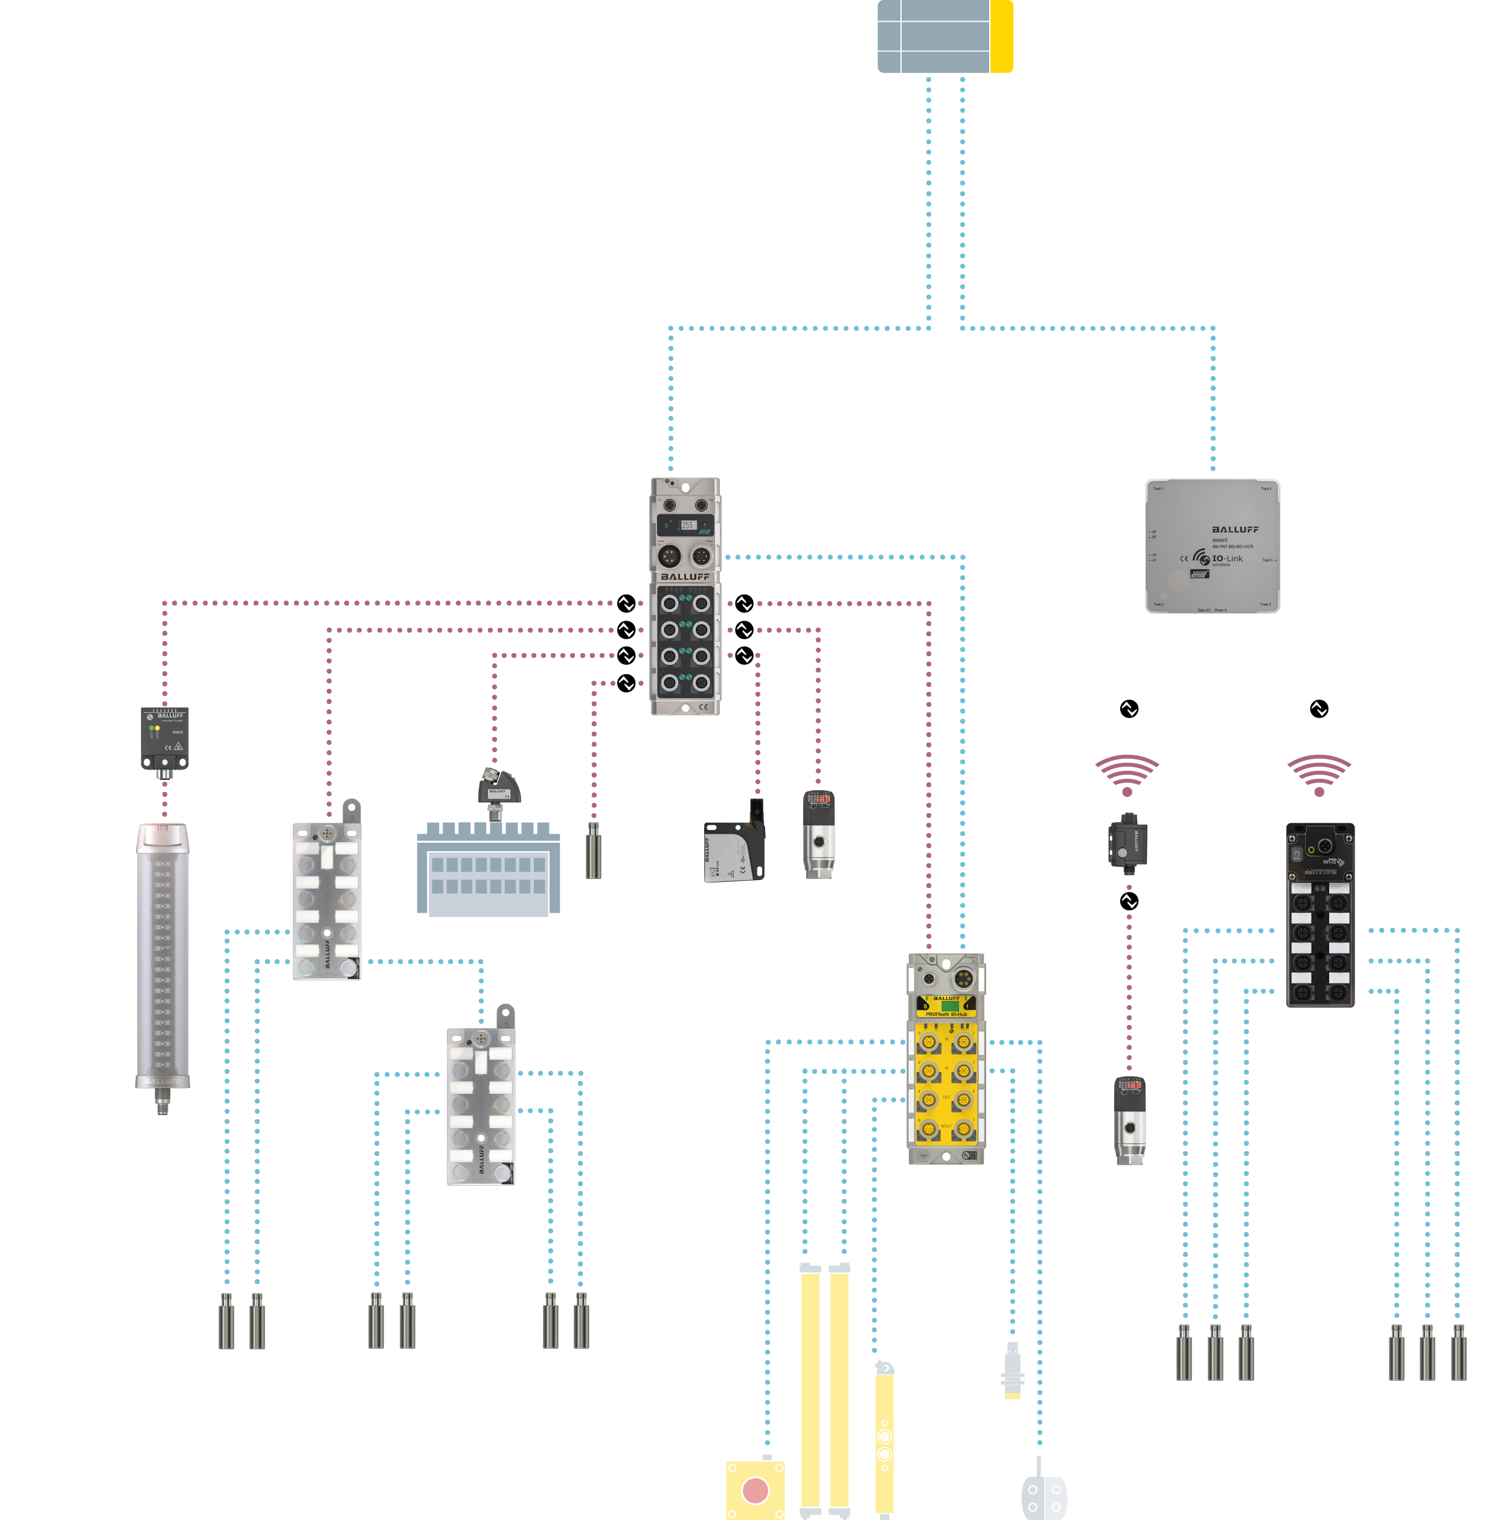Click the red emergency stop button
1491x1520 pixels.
click(x=755, y=1490)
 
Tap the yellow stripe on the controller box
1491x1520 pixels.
click(x=1002, y=36)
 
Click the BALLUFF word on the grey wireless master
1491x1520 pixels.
click(x=1235, y=530)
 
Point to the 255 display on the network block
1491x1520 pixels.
click(x=687, y=525)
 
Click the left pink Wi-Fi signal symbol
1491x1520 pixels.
click(x=1127, y=774)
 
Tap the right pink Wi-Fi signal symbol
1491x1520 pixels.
click(x=1319, y=774)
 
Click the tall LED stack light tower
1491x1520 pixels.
click(x=162, y=955)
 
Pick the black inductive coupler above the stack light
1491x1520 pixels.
click(x=164, y=739)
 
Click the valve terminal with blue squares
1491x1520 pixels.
click(x=488, y=869)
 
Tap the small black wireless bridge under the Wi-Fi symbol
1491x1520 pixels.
click(x=1127, y=842)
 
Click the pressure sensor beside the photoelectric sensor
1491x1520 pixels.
click(x=818, y=834)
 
